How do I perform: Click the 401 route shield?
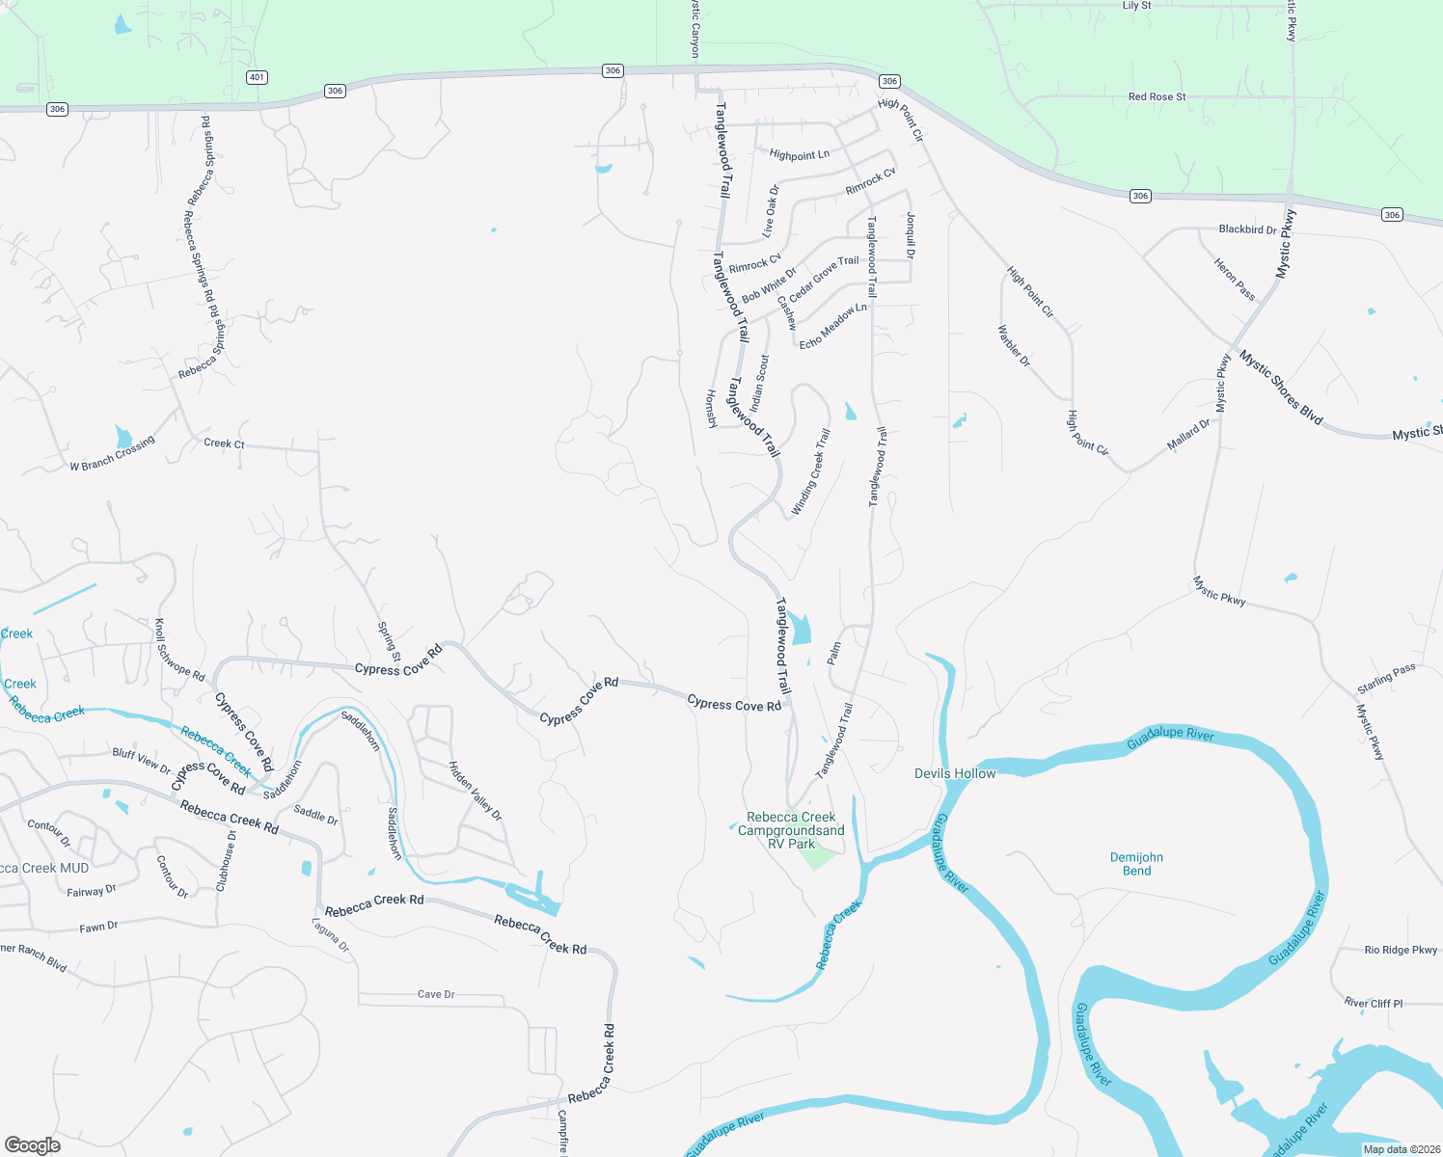click(x=257, y=77)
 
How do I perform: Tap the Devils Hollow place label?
click(x=955, y=773)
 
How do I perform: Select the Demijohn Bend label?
click(x=1136, y=864)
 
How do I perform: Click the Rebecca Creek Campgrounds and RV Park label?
click(x=791, y=830)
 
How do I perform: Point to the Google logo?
click(x=33, y=1145)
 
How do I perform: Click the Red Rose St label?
click(x=1157, y=96)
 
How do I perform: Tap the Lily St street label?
click(x=1136, y=6)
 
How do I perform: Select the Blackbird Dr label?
click(x=1247, y=229)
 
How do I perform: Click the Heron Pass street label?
click(x=1234, y=279)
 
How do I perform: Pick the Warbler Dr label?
click(x=1014, y=346)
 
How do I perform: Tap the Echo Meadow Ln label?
click(x=832, y=326)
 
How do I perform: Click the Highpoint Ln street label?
click(x=800, y=154)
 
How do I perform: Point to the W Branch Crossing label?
click(x=112, y=454)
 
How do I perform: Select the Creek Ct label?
click(x=224, y=444)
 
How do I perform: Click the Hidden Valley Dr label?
click(x=476, y=791)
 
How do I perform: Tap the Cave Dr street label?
click(x=436, y=994)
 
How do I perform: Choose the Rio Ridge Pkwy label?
click(x=1401, y=950)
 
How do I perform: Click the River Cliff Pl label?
click(x=1374, y=1004)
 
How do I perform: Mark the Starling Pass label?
click(x=1386, y=678)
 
